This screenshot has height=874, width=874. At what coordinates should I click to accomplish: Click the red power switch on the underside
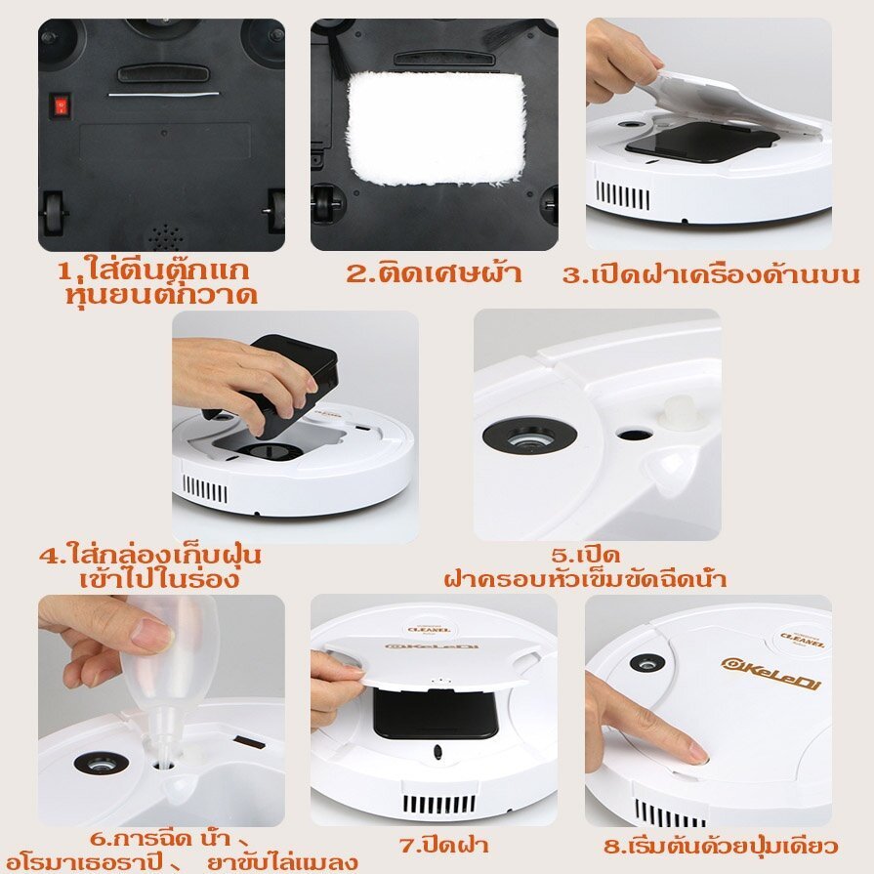pyautogui.click(x=62, y=104)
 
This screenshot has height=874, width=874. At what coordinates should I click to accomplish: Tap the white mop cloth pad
pyautogui.click(x=437, y=128)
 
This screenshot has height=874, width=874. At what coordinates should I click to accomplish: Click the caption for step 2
pyautogui.click(x=435, y=273)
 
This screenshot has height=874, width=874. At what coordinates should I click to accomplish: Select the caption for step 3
pyautogui.click(x=711, y=274)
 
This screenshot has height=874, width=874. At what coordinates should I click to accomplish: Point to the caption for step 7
pyautogui.click(x=444, y=845)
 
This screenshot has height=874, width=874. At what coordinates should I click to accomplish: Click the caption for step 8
pyautogui.click(x=721, y=846)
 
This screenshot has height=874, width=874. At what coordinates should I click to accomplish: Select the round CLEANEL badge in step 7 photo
pyautogui.click(x=430, y=629)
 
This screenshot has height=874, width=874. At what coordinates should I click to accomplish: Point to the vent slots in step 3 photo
pyautogui.click(x=623, y=195)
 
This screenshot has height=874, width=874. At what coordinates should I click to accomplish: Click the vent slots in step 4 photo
pyautogui.click(x=204, y=490)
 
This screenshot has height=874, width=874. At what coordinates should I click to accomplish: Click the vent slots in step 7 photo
pyautogui.click(x=439, y=803)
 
